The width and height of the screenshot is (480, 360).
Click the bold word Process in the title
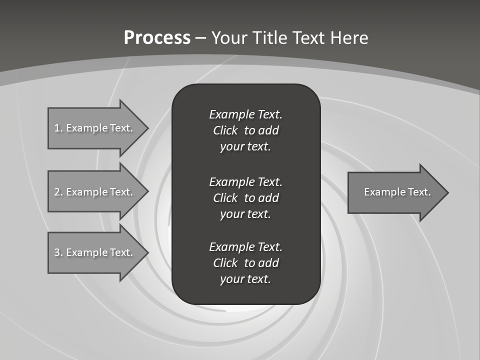point(157,38)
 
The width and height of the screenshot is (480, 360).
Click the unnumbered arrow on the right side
point(395,192)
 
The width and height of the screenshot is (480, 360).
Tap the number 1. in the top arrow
point(58,128)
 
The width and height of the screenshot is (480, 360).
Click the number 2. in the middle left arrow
point(58,192)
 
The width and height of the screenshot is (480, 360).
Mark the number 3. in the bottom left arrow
point(58,252)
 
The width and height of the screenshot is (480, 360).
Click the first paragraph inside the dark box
point(245,130)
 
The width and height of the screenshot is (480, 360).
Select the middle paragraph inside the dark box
point(245,197)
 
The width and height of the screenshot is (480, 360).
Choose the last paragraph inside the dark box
point(245,263)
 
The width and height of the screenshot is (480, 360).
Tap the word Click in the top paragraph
point(225,130)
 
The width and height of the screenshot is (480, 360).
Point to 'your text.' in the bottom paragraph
point(245,279)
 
